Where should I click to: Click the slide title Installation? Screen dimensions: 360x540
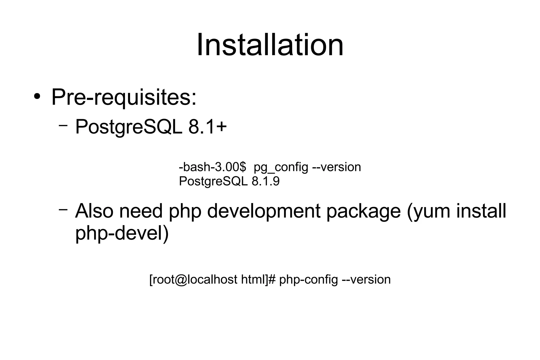coord(270,45)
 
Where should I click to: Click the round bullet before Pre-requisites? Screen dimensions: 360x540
coord(37,97)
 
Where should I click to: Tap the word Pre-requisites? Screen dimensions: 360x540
coord(124,98)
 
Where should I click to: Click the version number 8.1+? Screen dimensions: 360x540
coord(208,127)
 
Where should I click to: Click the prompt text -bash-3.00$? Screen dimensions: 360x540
coord(212,167)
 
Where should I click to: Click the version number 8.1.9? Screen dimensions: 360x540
coord(266,181)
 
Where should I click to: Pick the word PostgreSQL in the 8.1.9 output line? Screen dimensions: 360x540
coord(213,181)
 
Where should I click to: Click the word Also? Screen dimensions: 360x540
coord(94,211)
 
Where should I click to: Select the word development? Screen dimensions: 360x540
coord(264,212)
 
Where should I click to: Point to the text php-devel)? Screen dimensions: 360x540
coord(122,233)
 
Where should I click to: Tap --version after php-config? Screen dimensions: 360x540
coord(366,280)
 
